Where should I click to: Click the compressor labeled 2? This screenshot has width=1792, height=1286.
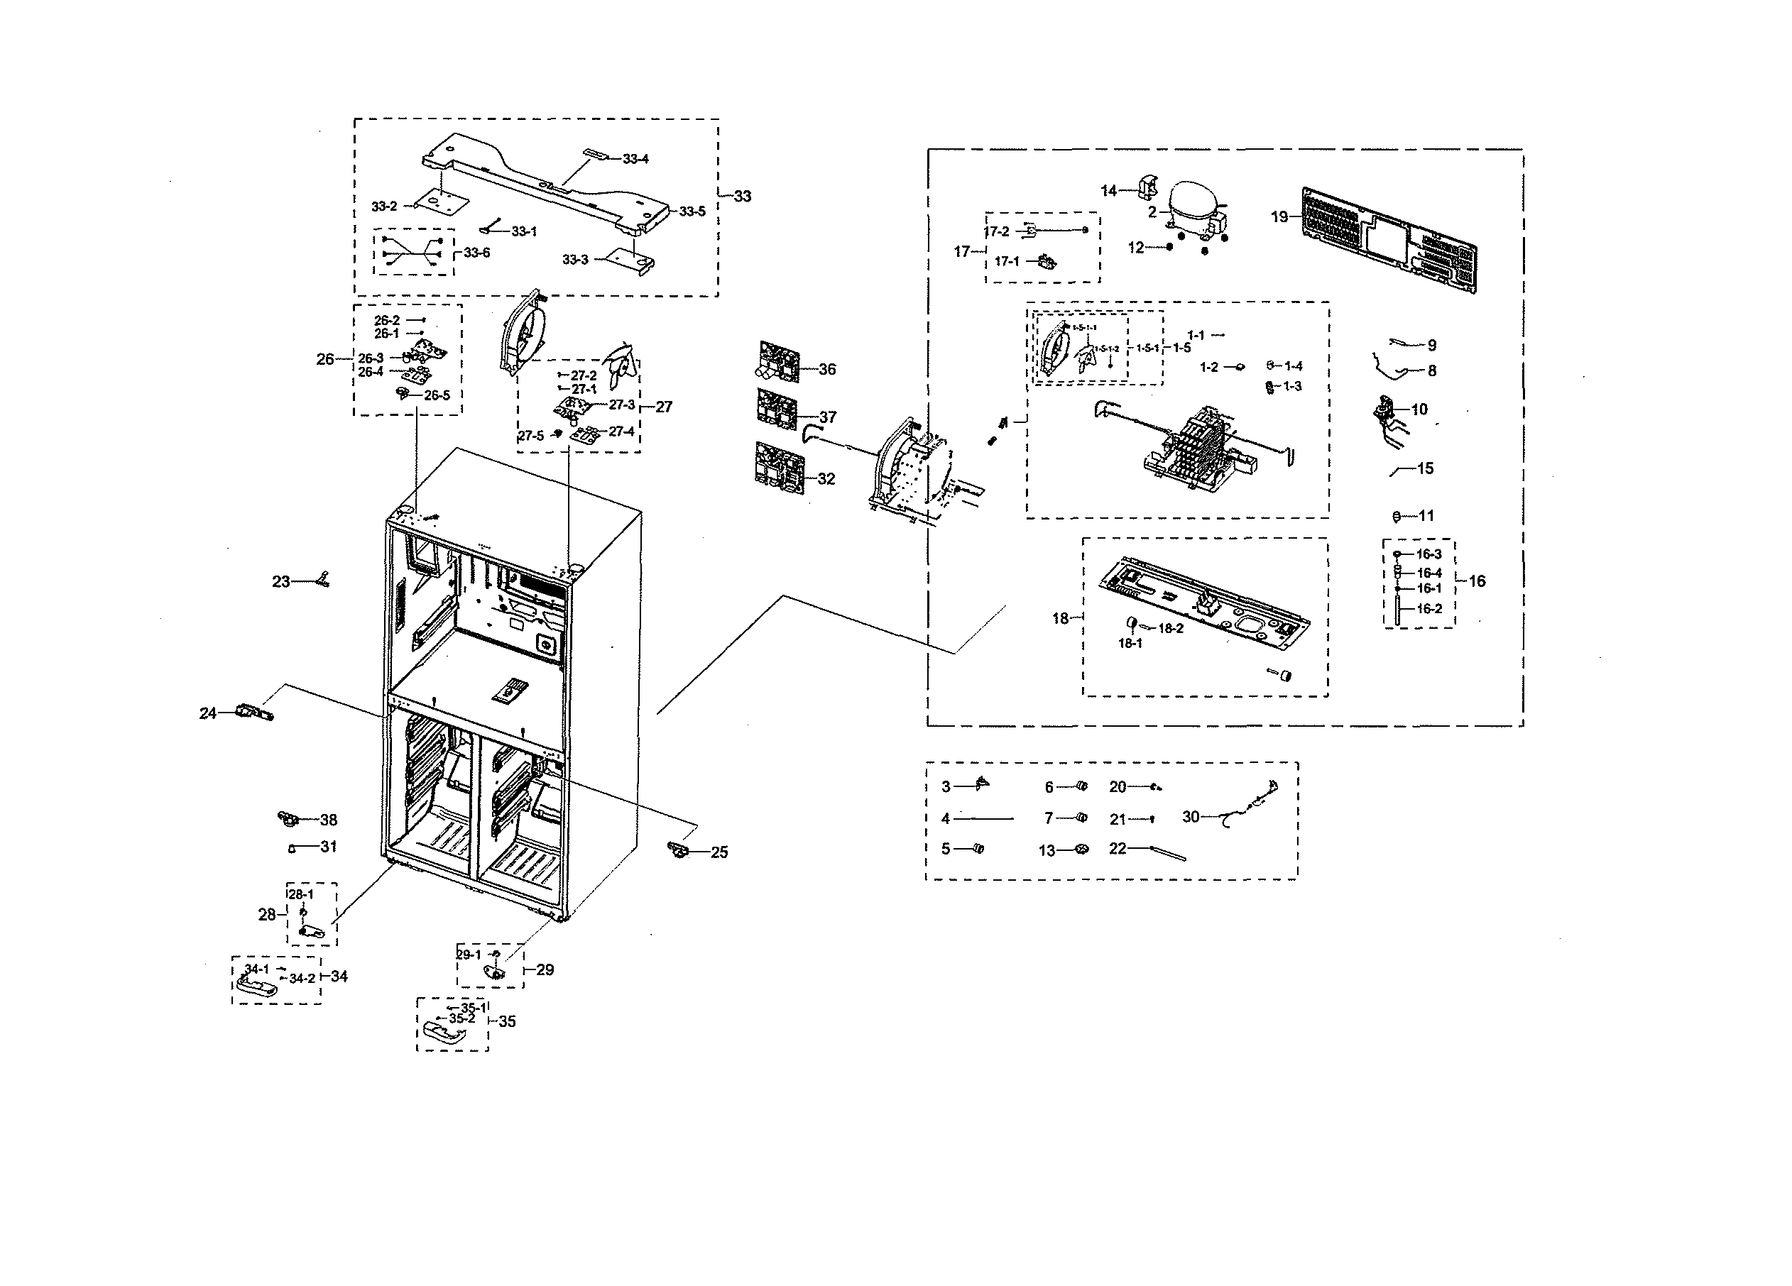tap(1195, 209)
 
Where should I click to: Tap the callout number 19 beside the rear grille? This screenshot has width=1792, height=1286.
tap(1279, 216)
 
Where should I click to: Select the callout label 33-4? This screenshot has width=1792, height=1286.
tap(635, 159)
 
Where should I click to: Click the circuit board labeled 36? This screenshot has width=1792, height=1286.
tap(779, 362)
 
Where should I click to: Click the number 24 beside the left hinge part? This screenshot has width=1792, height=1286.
tap(208, 713)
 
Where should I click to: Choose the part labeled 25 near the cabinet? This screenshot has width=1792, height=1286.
tap(678, 850)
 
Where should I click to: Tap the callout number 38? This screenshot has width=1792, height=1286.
tap(329, 820)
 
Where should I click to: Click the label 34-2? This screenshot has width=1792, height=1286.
tap(302, 978)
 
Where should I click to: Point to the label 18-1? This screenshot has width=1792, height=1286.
tap(1130, 643)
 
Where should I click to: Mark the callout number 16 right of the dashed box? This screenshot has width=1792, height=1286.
tap(1477, 581)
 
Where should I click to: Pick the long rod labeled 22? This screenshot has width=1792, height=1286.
tap(1168, 853)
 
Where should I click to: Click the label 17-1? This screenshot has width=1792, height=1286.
tap(1007, 261)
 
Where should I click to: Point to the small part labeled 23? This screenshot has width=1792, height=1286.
tap(322, 581)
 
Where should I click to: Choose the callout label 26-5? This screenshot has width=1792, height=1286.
tap(437, 395)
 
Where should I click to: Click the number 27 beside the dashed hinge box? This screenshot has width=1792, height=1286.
tap(664, 407)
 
